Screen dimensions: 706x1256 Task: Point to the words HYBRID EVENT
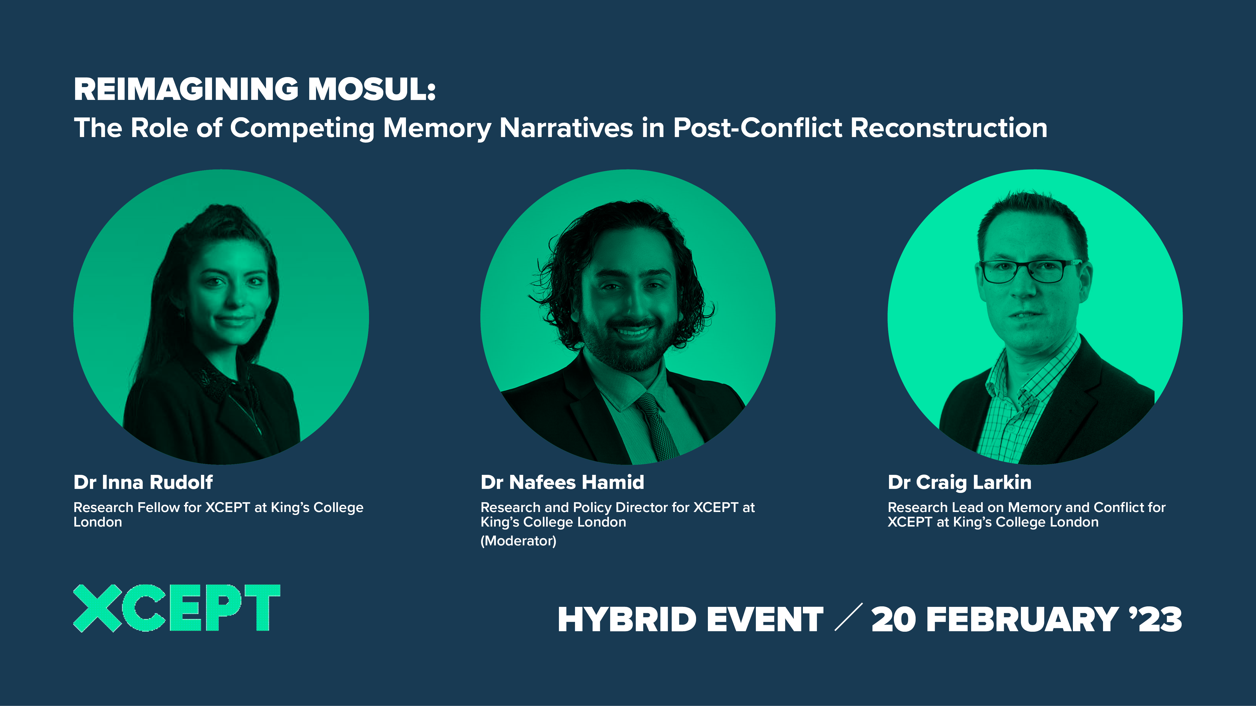(x=690, y=620)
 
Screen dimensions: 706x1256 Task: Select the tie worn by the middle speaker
(x=656, y=424)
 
